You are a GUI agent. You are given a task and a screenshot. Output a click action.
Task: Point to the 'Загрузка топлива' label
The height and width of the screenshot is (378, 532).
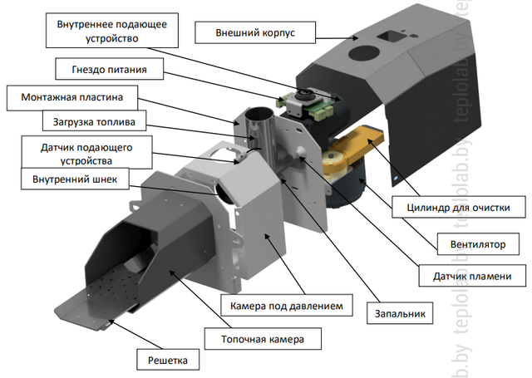[x=93, y=123]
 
